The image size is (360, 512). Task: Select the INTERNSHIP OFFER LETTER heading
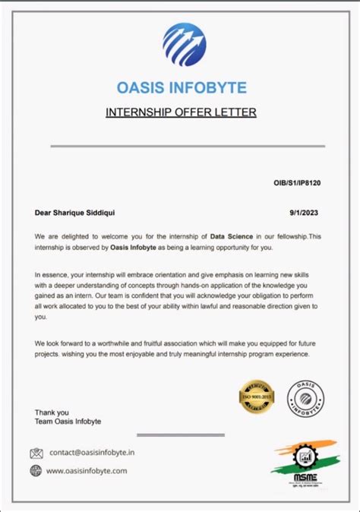click(181, 112)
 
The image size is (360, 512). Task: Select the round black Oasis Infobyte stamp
click(305, 399)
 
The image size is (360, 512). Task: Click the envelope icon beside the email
click(36, 454)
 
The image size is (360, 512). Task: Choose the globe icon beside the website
click(36, 470)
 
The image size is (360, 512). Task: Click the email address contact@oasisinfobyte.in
click(92, 453)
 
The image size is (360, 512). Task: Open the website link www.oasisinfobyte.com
click(87, 470)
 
